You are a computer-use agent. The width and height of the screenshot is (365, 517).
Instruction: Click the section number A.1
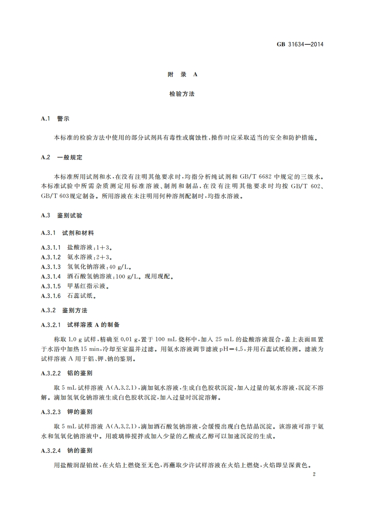tap(45, 118)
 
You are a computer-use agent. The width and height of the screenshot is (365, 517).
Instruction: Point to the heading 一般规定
tap(70, 157)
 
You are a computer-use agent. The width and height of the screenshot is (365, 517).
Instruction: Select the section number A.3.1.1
tap(51, 247)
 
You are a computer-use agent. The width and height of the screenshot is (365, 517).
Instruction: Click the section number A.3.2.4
tap(51, 449)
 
